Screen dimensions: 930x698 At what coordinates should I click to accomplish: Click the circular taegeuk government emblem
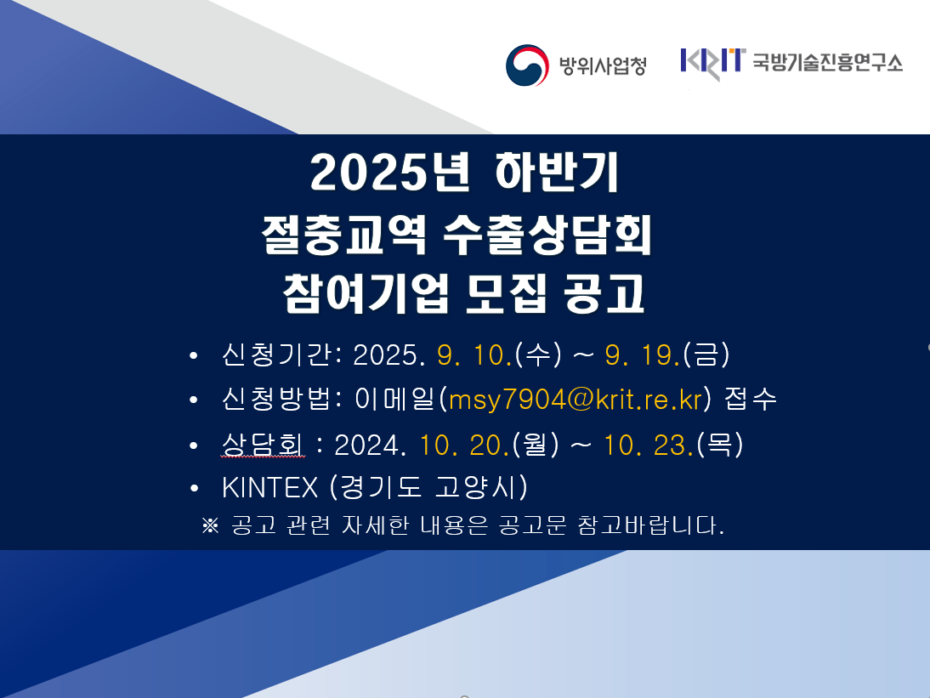(527, 65)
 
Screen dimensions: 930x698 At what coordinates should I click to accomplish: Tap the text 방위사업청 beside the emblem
(603, 65)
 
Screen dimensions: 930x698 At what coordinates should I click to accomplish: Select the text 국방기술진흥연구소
(827, 62)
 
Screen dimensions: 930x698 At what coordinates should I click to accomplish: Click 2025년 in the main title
(389, 173)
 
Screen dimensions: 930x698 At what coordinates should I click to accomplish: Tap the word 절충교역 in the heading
(344, 235)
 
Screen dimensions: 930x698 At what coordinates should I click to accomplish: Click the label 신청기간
(276, 355)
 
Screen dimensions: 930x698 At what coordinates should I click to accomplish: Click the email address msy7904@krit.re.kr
(576, 399)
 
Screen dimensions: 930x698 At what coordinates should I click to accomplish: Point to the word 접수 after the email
(751, 399)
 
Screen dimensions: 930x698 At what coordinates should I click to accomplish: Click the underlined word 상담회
(262, 445)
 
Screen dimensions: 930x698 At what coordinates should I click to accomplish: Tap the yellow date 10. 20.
(464, 445)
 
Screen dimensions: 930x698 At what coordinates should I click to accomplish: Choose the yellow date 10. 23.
(649, 445)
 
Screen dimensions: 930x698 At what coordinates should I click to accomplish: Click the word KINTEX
(270, 488)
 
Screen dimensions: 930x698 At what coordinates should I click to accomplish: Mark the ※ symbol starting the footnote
(210, 525)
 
